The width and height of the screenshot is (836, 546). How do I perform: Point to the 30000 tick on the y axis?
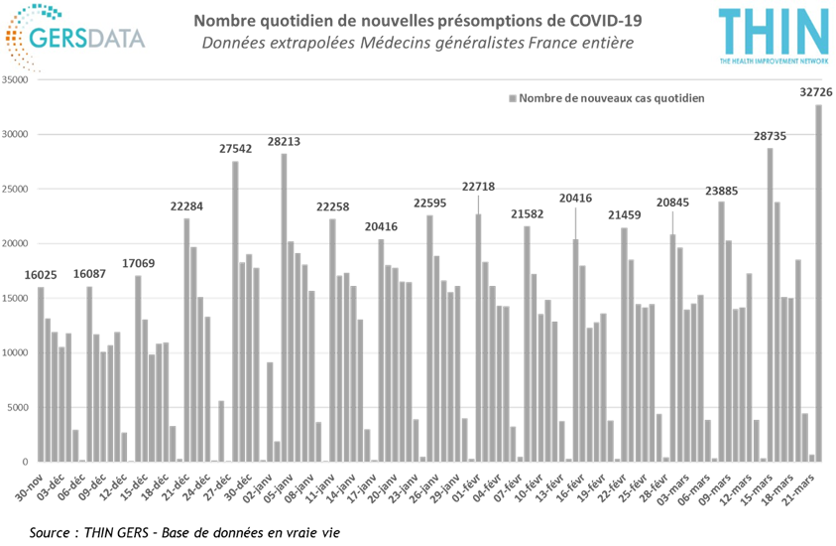18,135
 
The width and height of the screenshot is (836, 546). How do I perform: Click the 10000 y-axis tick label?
18,352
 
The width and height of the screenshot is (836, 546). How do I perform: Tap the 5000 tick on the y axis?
20,407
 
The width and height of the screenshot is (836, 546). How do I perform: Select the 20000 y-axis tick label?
18,244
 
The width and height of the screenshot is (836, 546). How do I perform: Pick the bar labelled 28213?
284,307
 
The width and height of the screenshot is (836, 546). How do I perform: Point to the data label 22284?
186,206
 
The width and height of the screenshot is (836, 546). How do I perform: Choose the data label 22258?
332,206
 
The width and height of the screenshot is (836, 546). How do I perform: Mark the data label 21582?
528,213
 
